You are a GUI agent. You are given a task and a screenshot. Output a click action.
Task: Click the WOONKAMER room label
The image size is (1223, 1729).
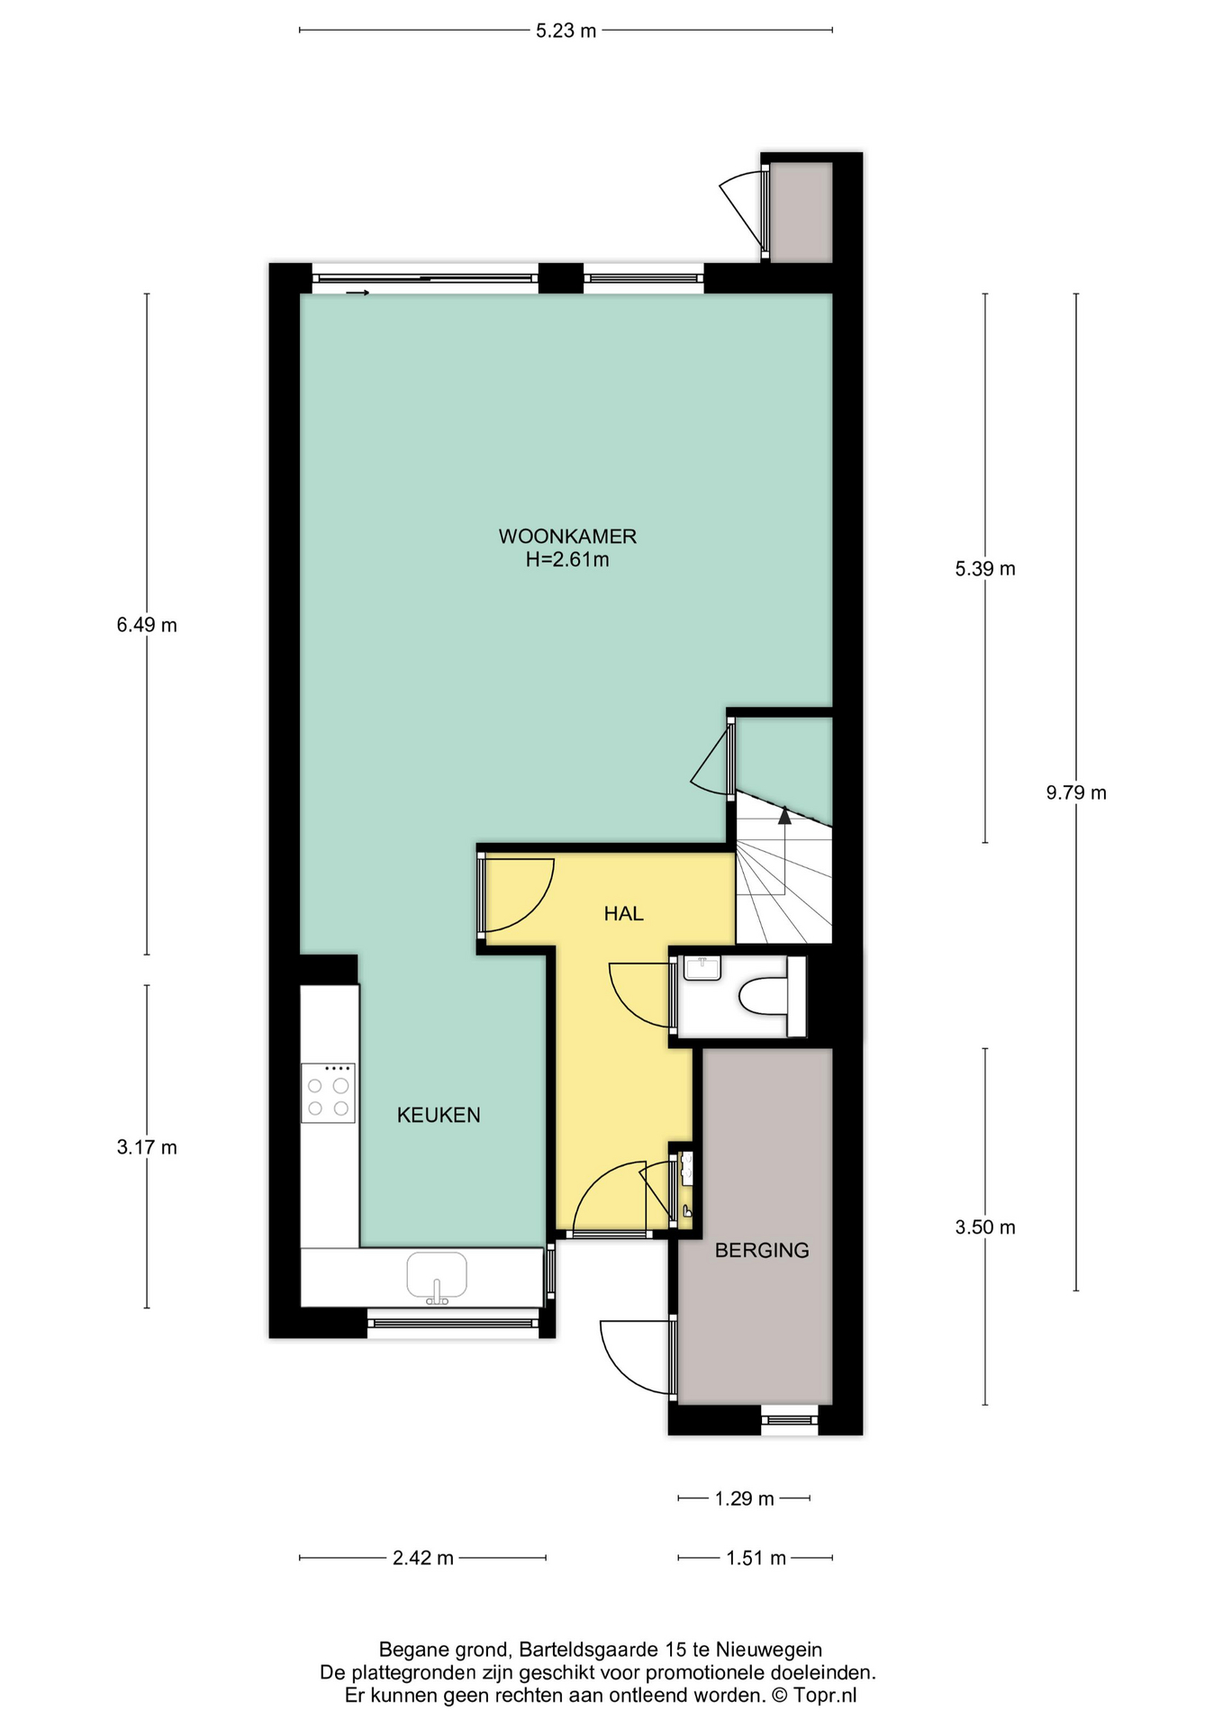coord(567,536)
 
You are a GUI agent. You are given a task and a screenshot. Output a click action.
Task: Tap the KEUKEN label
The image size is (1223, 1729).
coord(439,1115)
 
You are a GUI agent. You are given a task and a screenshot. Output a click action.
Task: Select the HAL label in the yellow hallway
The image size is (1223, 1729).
coord(623,913)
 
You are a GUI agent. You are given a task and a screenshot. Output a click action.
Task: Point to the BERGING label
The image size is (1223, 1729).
coord(762,1250)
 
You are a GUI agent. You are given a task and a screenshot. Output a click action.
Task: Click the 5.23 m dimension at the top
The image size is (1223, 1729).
coord(566,31)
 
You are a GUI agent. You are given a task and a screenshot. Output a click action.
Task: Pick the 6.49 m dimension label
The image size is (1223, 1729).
coord(147,624)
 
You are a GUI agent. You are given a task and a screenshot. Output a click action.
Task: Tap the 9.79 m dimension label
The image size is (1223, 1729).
coord(1076,792)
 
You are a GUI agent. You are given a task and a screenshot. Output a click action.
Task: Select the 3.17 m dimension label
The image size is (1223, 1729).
coord(147,1147)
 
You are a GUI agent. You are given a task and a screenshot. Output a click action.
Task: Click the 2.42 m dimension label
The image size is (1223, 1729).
coord(422,1558)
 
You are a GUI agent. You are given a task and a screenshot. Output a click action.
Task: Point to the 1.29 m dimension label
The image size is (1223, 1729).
coord(744,1498)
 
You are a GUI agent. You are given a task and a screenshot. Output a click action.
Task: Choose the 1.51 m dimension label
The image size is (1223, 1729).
coord(756,1558)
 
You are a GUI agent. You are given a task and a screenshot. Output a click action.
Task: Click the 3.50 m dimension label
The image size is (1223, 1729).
coord(985,1227)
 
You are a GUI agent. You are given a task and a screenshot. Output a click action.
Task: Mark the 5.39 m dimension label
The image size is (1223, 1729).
coord(985,568)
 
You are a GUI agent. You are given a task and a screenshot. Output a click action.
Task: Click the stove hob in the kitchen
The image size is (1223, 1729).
coord(328,1092)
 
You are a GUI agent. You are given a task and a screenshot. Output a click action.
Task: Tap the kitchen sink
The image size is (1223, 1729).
coord(437,1277)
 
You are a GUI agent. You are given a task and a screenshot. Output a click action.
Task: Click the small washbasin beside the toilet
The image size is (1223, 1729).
coord(702,968)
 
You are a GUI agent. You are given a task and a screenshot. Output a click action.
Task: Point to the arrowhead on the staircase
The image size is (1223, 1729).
coord(784,816)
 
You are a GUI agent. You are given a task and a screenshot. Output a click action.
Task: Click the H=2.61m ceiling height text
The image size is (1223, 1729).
coord(567,559)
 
